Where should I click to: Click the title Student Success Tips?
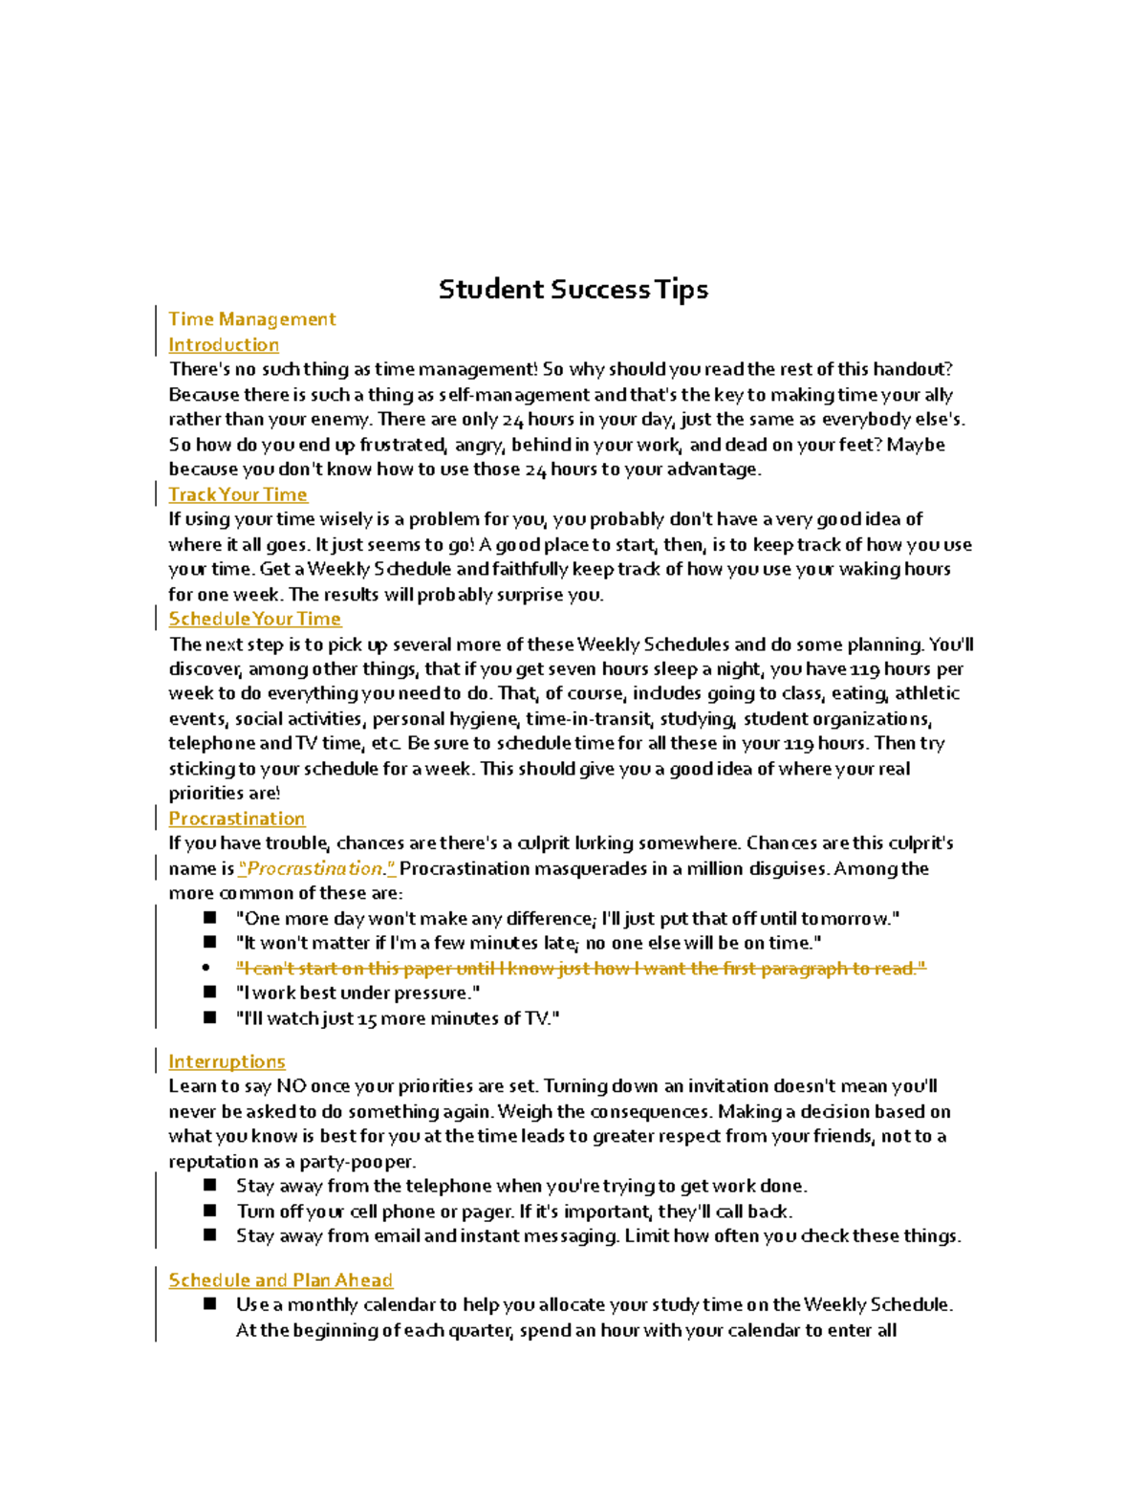point(573,290)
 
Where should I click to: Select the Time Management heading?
point(251,319)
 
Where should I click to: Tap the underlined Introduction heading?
point(224,345)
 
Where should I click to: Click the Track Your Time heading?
point(238,494)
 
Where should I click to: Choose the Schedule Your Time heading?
point(254,619)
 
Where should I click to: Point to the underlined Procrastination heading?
point(236,819)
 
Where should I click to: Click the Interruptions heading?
point(227,1061)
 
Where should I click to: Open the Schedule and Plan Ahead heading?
point(280,1280)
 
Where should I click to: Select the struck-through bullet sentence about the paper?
point(580,969)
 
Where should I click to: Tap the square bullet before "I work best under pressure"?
point(210,993)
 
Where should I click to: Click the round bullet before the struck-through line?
point(206,968)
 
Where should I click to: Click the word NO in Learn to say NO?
point(291,1086)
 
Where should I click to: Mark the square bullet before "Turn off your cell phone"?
point(210,1211)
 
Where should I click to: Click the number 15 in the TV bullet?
point(366,1019)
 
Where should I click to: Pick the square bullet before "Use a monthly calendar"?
point(210,1304)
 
